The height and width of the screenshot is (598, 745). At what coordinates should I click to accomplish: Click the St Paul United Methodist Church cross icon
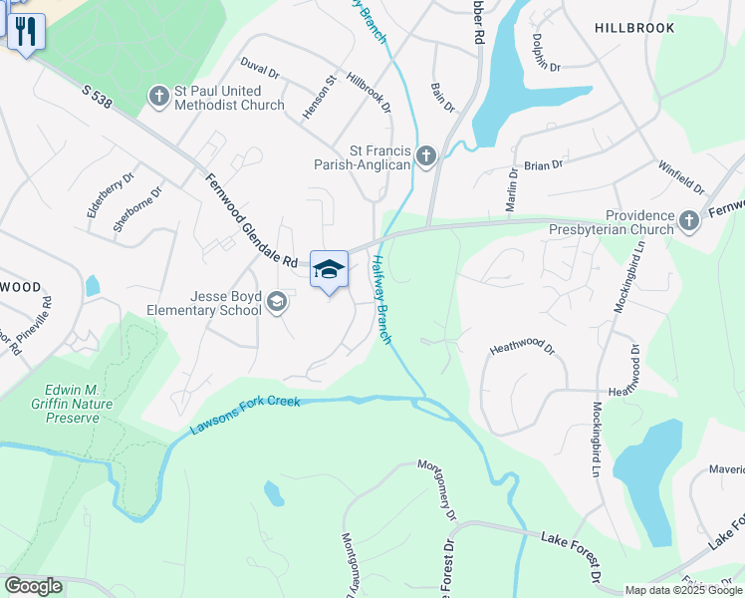(x=158, y=97)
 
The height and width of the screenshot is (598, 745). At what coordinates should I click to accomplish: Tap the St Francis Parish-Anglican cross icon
(x=425, y=154)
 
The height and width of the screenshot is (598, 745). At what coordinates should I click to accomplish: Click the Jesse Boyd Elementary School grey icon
(x=276, y=302)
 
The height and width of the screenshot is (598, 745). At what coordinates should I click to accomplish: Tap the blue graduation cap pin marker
(x=330, y=269)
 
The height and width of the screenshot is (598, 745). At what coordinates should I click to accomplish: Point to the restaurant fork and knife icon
(x=26, y=30)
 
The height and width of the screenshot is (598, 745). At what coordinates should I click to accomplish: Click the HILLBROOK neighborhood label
(x=634, y=28)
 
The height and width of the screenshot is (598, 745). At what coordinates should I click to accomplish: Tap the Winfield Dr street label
(x=681, y=176)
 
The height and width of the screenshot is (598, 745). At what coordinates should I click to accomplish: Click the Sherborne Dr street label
(x=137, y=209)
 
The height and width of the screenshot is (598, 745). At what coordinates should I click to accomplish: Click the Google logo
(x=33, y=586)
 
